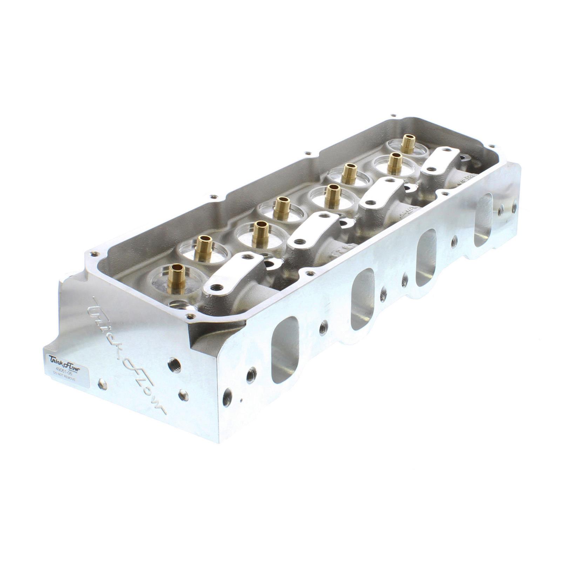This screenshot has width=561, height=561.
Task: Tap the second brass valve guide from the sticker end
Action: pos(204,248)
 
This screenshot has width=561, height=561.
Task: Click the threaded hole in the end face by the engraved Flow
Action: pos(173,365)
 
